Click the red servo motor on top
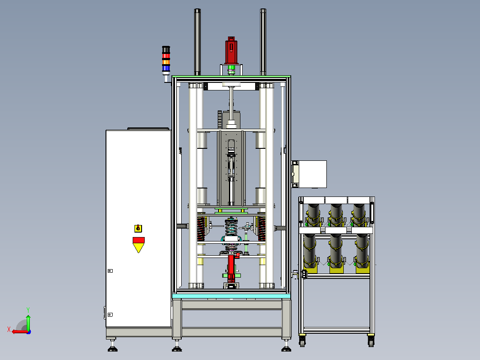click(x=231, y=50)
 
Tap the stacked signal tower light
click(x=166, y=60)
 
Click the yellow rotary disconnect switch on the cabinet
click(x=138, y=228)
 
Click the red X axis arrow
click(x=20, y=331)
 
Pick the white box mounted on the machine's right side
click(x=312, y=174)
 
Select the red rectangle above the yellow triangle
click(x=138, y=240)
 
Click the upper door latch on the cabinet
click(x=110, y=271)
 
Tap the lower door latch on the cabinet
click(x=110, y=315)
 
